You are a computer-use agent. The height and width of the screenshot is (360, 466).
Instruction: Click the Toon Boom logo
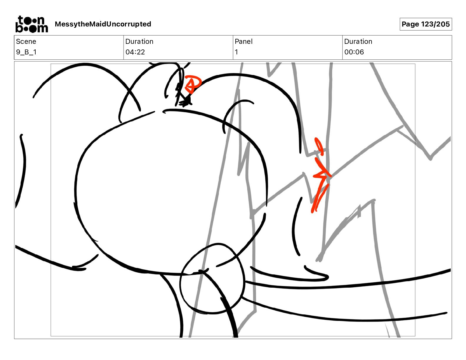click(x=32, y=24)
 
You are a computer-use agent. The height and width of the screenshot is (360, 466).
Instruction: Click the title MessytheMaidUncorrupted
click(x=103, y=24)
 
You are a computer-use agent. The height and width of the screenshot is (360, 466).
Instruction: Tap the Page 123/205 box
click(x=426, y=24)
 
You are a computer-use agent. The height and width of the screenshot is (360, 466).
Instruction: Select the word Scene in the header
click(x=26, y=41)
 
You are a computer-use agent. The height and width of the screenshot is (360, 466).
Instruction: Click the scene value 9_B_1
click(x=26, y=52)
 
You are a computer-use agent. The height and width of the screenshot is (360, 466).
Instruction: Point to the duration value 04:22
click(x=135, y=52)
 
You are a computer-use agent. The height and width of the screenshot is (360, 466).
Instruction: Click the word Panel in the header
click(x=244, y=41)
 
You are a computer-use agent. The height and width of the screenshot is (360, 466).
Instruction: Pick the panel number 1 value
click(x=236, y=52)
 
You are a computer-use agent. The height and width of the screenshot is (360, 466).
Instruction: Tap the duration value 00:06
click(x=354, y=52)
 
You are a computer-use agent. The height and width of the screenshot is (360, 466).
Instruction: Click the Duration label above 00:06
click(x=358, y=41)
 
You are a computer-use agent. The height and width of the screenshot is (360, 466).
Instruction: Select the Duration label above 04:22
click(x=139, y=41)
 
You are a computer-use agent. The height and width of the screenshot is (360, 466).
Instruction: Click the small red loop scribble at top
click(x=193, y=84)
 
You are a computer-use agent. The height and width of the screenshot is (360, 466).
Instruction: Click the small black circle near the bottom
click(x=212, y=279)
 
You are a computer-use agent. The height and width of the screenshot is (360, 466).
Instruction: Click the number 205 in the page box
click(x=443, y=24)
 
